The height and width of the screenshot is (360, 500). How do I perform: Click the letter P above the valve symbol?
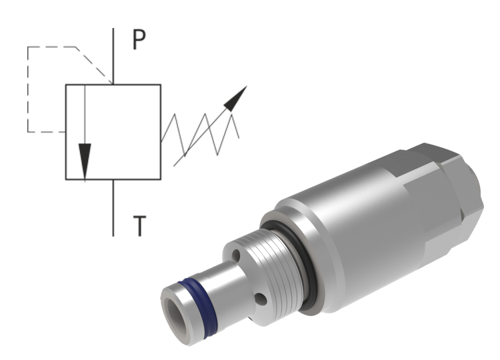(139, 41)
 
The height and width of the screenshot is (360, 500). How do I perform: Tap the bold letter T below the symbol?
(139, 226)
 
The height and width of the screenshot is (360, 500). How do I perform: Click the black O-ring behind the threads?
(300, 266)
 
